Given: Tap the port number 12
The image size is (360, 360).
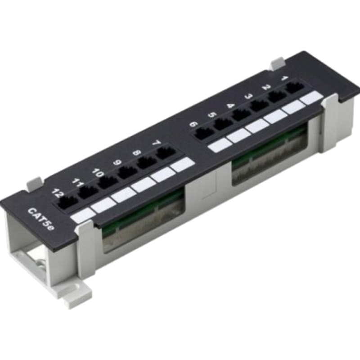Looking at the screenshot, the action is point(57,193).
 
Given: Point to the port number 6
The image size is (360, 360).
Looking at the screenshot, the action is point(193,125).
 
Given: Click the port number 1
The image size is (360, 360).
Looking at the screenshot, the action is point(284,78).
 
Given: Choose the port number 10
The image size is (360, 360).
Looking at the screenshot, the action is point(98,173).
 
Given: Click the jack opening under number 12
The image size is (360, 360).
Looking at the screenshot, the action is point(67,202).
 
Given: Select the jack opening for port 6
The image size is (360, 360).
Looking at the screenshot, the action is point(204,134).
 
